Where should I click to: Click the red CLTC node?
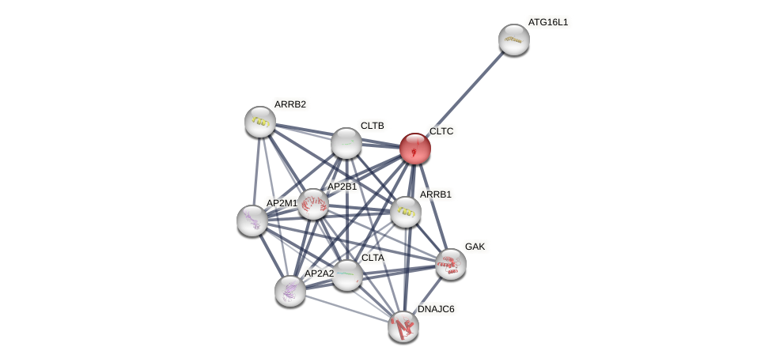coord(414,149)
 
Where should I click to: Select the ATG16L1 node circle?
coord(513,40)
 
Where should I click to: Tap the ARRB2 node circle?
coord(260,122)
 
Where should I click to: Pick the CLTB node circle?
coord(346,143)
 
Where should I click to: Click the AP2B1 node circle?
coord(313,204)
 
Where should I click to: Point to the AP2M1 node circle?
coord(252,221)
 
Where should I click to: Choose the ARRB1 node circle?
coord(406,212)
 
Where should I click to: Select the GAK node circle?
coord(451,264)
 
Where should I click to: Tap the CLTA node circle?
coord(346,275)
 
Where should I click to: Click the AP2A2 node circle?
coord(290,291)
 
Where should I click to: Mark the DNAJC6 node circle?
coord(403,326)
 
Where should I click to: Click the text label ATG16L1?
coord(548,22)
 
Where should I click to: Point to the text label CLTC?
coord(441,131)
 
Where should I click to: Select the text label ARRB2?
coord(290,104)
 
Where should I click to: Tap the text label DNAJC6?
coord(436,309)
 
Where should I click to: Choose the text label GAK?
coord(475,247)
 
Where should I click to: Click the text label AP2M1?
coord(282,203)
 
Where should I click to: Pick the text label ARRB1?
coord(436,194)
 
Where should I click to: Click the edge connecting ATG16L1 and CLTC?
coord(464,94)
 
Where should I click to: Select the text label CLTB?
coord(372,126)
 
